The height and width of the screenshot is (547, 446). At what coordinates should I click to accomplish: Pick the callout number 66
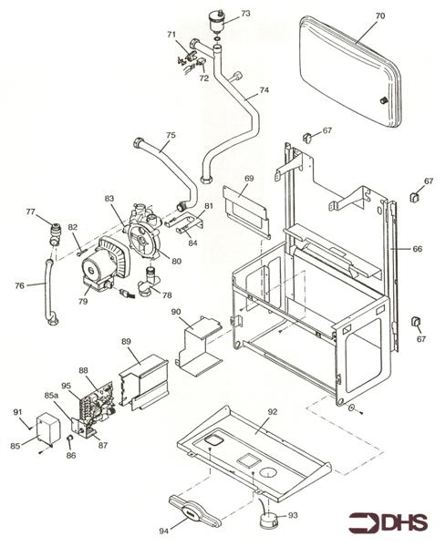[x=418, y=248]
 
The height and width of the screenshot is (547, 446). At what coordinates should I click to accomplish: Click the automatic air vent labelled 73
[x=218, y=19]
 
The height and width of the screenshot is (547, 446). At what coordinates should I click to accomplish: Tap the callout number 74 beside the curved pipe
[x=264, y=90]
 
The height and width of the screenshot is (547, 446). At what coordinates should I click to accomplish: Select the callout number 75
[x=171, y=136]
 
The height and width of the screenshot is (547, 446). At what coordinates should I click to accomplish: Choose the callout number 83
[x=109, y=198]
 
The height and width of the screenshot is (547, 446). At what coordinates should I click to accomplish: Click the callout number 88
[x=83, y=370]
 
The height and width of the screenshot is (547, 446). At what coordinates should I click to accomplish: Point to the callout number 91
[x=17, y=412]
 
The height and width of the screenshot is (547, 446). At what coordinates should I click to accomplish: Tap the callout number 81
[x=208, y=206]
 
